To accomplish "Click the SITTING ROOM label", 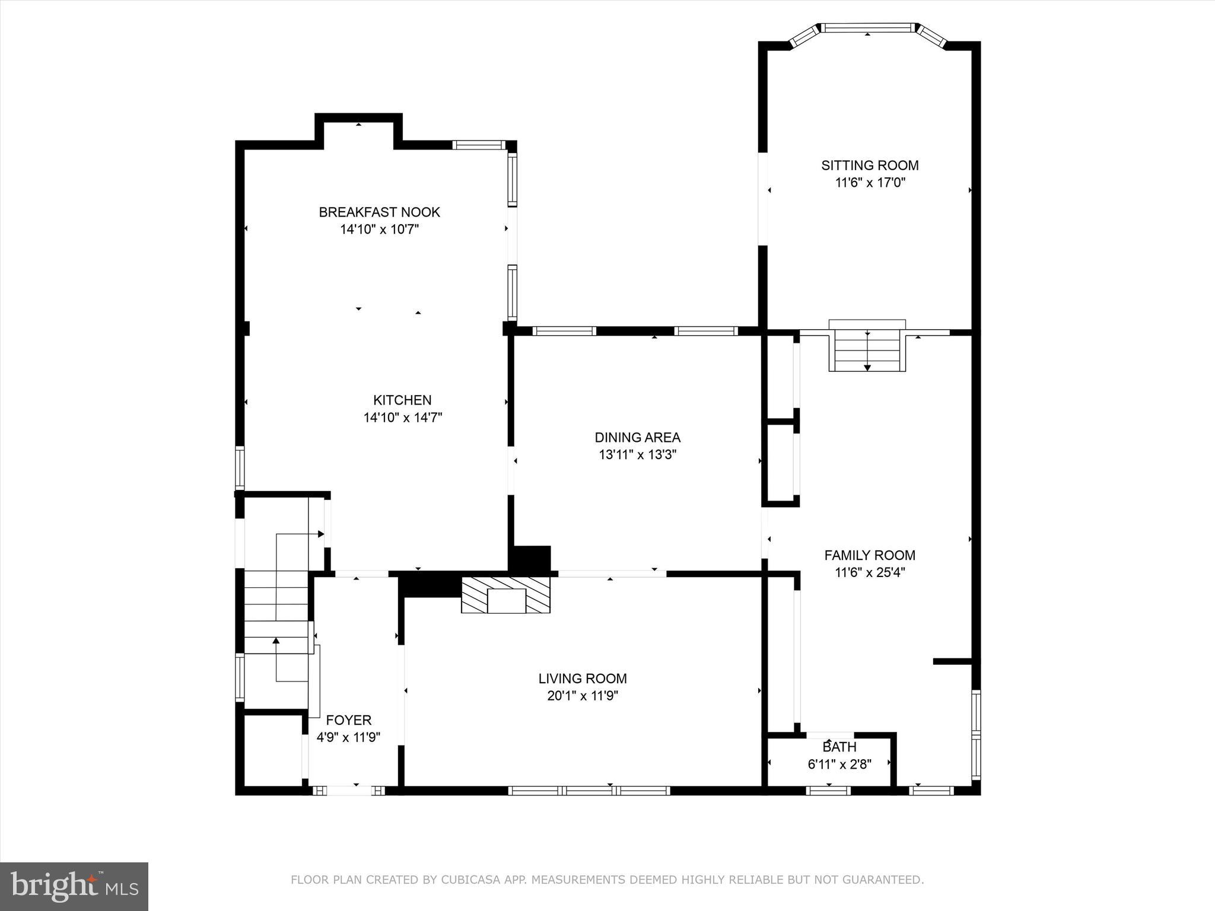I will pyautogui.click(x=870, y=165).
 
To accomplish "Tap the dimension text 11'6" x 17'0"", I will pyautogui.click(x=870, y=183).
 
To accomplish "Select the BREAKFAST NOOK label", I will pyautogui.click(x=379, y=212).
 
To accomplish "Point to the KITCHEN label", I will pyautogui.click(x=402, y=400).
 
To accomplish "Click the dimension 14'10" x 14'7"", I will pyautogui.click(x=403, y=418).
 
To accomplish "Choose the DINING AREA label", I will pyautogui.click(x=637, y=438).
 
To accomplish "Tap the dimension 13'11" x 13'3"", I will pyautogui.click(x=637, y=455).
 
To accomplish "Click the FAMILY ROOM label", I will pyautogui.click(x=870, y=555).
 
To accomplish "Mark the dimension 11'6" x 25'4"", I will pyautogui.click(x=870, y=572).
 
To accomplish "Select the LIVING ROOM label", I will pyautogui.click(x=583, y=679).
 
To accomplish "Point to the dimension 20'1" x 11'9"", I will pyautogui.click(x=583, y=696).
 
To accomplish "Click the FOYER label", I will pyautogui.click(x=349, y=720).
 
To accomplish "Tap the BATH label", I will pyautogui.click(x=839, y=747).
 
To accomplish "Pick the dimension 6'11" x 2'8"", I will pyautogui.click(x=839, y=765).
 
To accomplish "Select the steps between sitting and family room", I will pyautogui.click(x=867, y=350).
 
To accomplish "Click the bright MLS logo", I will pyautogui.click(x=74, y=886).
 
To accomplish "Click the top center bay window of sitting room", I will pyautogui.click(x=868, y=27).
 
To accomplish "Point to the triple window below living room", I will pyautogui.click(x=589, y=790).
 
